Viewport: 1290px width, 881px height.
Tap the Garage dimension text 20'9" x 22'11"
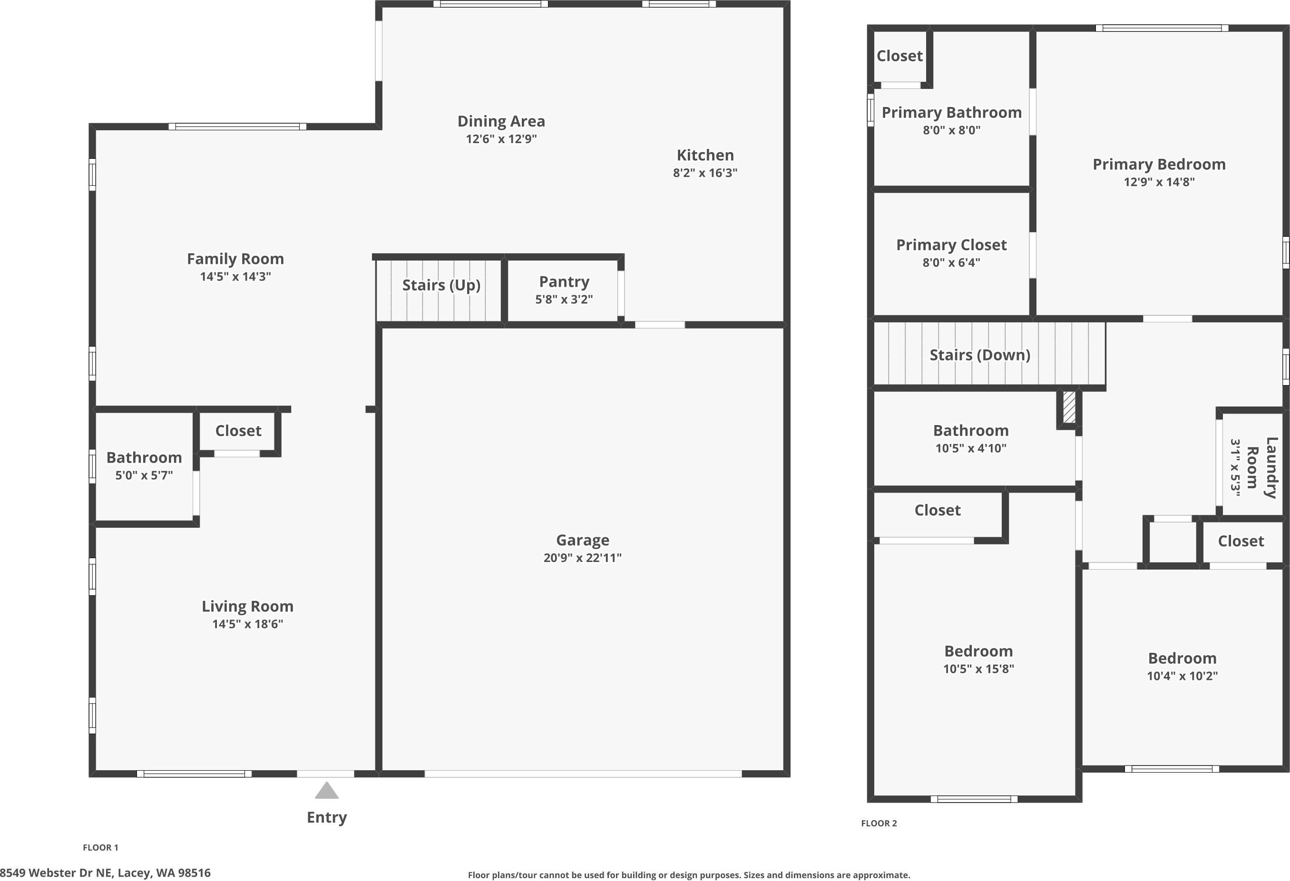[x=582, y=558]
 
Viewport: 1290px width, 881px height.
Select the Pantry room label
[x=564, y=282]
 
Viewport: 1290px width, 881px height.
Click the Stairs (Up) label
[x=441, y=285]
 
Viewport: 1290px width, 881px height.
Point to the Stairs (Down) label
[x=980, y=355]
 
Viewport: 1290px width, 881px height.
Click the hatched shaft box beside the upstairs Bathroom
[x=1068, y=408]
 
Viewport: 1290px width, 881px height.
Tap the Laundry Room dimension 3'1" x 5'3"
[x=1235, y=467]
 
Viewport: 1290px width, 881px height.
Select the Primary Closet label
[x=951, y=245]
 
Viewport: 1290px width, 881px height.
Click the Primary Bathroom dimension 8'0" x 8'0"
[x=951, y=130]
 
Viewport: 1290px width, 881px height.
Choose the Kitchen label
[x=705, y=155]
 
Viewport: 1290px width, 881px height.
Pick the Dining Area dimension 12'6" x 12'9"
[x=501, y=139]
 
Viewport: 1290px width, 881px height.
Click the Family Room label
[x=235, y=259]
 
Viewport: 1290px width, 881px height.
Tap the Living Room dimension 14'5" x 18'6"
[x=247, y=624]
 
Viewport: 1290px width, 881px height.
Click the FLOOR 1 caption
[x=100, y=847]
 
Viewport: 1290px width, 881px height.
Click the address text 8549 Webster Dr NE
[x=106, y=872]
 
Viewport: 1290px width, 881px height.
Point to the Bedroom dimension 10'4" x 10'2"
[x=1182, y=676]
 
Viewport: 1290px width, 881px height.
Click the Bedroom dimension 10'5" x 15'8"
[x=978, y=669]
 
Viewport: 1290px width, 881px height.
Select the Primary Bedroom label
[x=1159, y=164]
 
